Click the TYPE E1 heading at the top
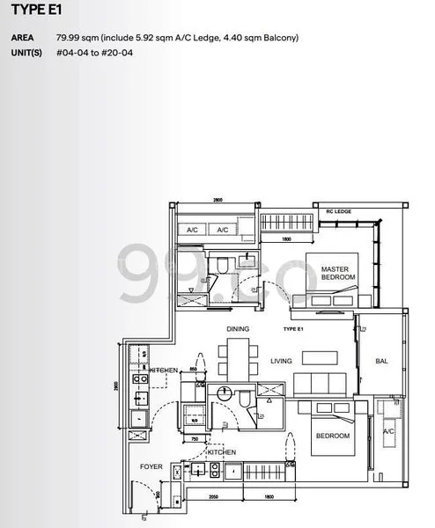pos(31,13)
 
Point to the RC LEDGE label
pos(339,212)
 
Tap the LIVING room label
pos(281,361)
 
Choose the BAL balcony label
pos(382,361)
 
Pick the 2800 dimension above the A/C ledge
pos(217,202)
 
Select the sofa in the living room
pos(313,383)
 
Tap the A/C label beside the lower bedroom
pos(387,431)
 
